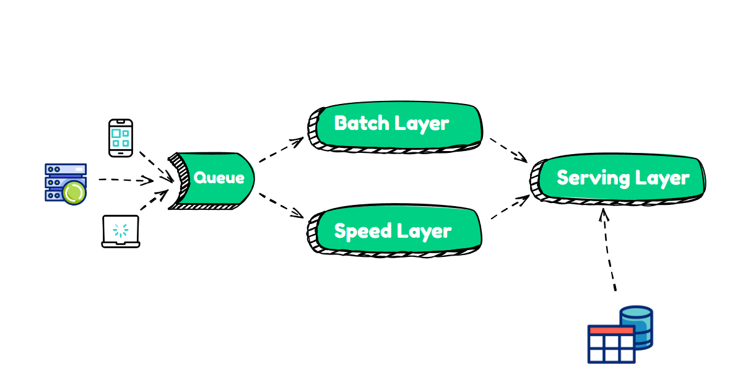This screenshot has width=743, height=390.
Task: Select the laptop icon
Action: click(121, 232)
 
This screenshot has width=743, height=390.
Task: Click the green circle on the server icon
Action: click(74, 193)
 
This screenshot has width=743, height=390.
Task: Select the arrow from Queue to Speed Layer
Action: click(280, 206)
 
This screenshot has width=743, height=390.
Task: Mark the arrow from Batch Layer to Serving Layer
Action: click(508, 149)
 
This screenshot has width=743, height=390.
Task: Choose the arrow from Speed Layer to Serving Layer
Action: click(510, 207)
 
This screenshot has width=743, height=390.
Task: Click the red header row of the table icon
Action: click(610, 331)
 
